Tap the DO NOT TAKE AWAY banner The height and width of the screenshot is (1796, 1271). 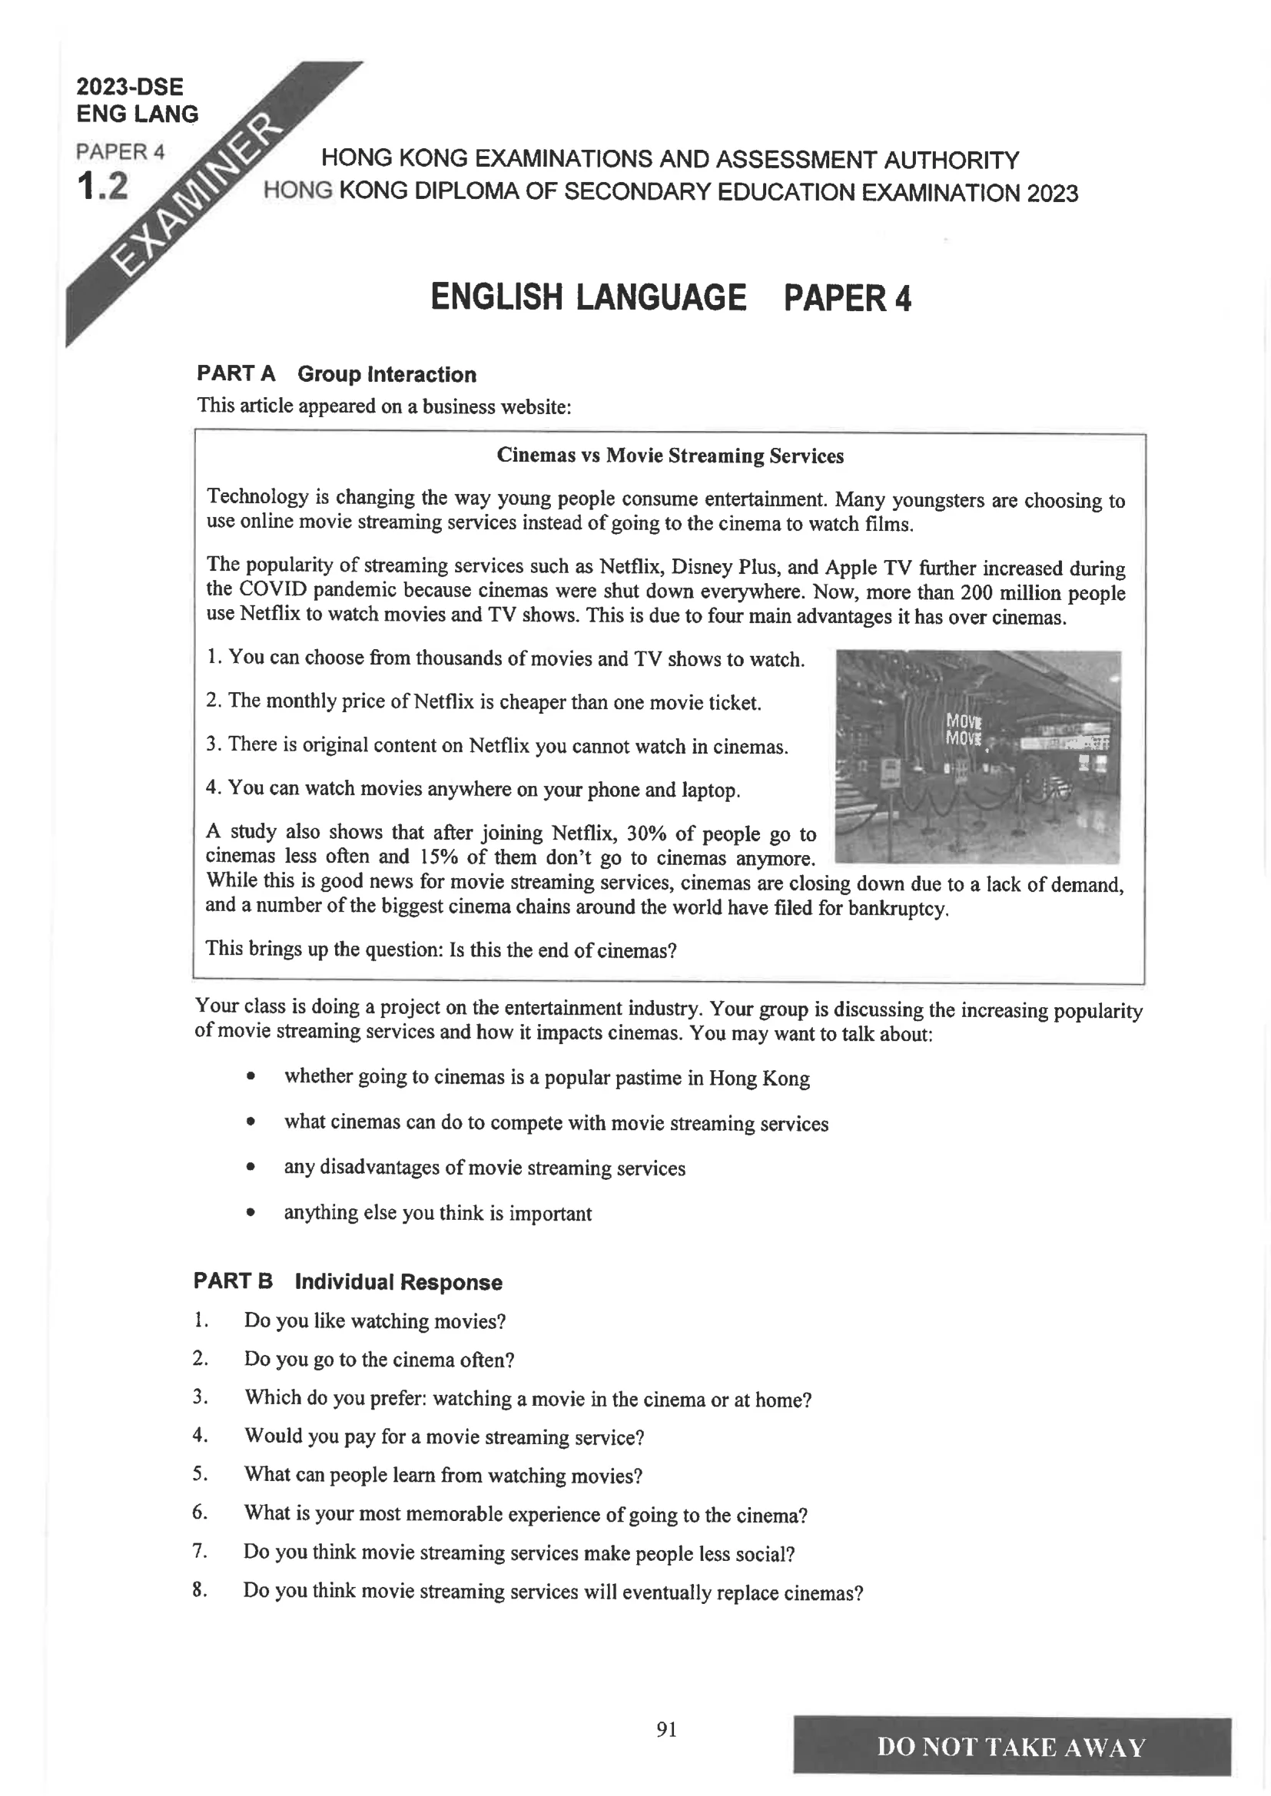[x=1011, y=1747]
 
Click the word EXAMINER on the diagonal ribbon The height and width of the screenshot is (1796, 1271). [x=197, y=198]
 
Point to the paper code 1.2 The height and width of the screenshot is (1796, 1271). [x=102, y=186]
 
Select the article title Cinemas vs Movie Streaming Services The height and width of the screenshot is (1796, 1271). [x=670, y=456]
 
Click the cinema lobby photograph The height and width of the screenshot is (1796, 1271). [x=977, y=757]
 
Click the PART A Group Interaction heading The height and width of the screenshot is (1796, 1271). [x=336, y=374]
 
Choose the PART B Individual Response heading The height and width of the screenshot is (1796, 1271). [x=347, y=1281]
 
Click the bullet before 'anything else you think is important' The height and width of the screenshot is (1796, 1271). [x=251, y=1213]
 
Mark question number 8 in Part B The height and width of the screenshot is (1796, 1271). [x=200, y=1589]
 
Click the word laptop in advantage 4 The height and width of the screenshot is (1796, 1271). [x=711, y=790]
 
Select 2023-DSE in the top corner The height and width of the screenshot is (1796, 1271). [x=129, y=86]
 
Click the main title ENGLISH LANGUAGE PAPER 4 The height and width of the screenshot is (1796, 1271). [x=671, y=298]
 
